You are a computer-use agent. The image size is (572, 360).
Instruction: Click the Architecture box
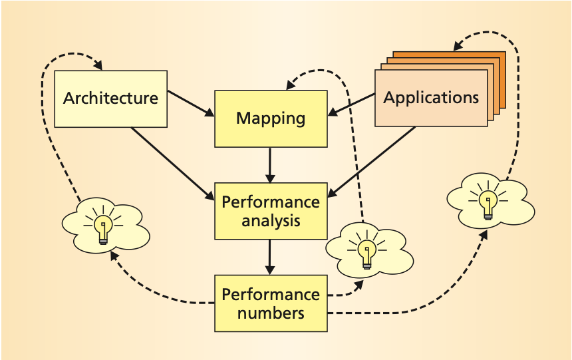tap(110, 98)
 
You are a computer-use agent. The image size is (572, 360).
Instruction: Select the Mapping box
tap(270, 118)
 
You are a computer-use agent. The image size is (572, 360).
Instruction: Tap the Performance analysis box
tap(270, 211)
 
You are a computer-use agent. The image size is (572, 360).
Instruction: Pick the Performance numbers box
tap(270, 303)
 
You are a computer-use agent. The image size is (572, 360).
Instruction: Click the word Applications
tap(431, 98)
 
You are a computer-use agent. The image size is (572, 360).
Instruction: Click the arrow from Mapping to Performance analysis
tap(270, 165)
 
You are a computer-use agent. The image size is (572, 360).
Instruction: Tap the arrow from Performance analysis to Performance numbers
tap(270, 257)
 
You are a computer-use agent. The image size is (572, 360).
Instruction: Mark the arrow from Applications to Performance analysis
tap(372, 160)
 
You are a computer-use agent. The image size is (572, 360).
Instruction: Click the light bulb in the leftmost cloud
tap(103, 228)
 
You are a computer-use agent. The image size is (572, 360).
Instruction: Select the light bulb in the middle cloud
tap(365, 252)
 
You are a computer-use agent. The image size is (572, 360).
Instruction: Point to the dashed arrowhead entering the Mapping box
tap(291, 85)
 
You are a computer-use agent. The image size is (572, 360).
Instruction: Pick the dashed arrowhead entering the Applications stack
tap(458, 47)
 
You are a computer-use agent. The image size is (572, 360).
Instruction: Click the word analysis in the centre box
tap(270, 220)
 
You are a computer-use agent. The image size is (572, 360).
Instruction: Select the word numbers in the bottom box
tap(270, 312)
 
